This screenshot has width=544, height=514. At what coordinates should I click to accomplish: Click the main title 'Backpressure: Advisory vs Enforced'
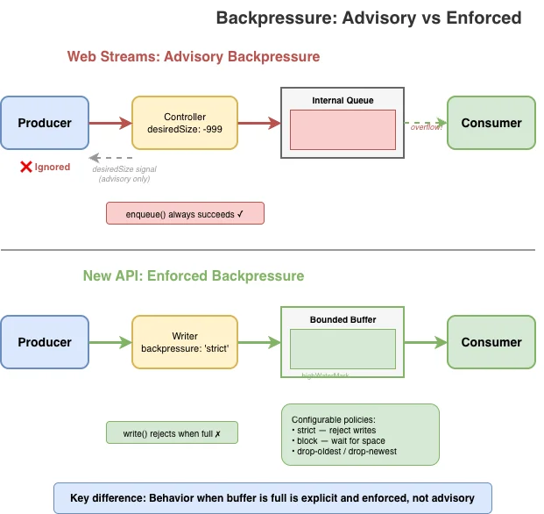pos(368,18)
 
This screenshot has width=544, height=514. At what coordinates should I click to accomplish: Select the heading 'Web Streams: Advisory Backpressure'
pos(194,57)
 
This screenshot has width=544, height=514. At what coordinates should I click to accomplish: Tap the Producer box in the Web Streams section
pos(45,123)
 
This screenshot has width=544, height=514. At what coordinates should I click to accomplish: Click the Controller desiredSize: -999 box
pos(184,123)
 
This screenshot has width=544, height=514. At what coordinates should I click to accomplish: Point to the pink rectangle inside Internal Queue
pos(343,130)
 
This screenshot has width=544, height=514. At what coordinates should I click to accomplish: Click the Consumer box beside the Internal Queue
pos(491,123)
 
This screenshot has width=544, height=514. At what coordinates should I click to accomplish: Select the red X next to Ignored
pos(26,167)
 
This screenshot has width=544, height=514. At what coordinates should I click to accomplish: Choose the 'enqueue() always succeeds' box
pos(184,213)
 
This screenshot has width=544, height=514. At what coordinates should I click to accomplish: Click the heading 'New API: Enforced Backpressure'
pos(194,276)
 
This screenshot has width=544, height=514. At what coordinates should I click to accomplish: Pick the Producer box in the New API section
pos(45,342)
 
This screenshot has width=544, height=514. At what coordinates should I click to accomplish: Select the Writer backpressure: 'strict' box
pos(184,342)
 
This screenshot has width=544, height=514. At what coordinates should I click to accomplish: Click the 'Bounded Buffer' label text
pos(343,320)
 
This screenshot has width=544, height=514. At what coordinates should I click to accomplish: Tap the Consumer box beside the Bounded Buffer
pos(491,342)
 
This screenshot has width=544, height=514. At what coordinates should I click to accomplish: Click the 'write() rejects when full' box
pos(171,432)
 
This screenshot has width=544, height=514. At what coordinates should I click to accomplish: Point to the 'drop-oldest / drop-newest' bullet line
pos(343,451)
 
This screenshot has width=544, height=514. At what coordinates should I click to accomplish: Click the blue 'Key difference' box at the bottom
pos(272,497)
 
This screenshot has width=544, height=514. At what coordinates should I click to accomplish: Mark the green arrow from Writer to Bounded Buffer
pos(258,342)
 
